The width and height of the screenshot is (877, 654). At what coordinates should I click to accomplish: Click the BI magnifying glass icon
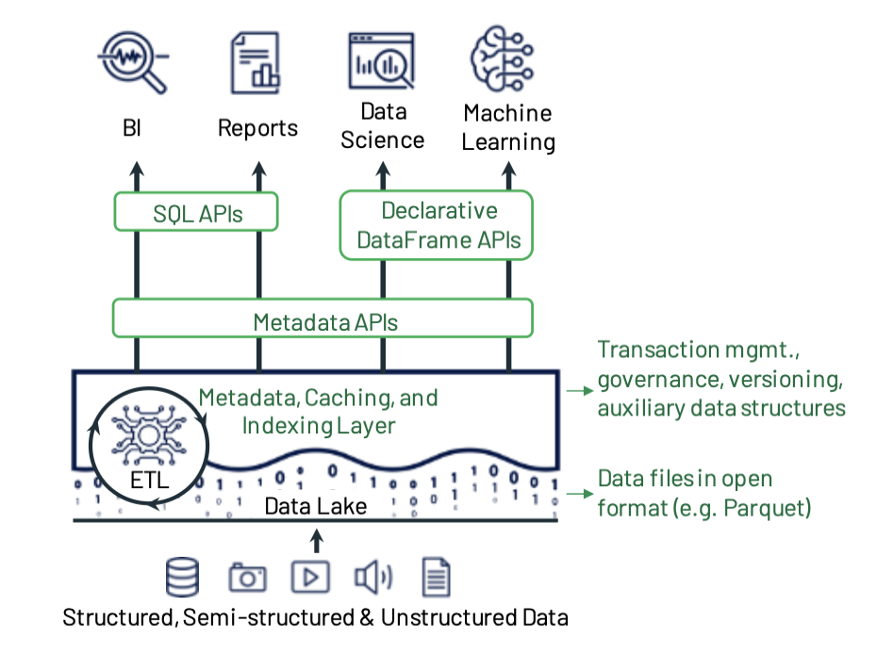coord(133,61)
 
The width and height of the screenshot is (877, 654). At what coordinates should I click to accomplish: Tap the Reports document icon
coord(256,62)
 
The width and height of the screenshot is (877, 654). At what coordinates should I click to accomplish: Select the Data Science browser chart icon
coord(382,61)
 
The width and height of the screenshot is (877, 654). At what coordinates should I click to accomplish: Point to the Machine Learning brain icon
coord(502,58)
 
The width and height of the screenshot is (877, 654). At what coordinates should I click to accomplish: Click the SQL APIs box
coord(196,212)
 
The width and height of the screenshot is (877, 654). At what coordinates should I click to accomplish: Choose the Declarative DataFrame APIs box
coord(437,225)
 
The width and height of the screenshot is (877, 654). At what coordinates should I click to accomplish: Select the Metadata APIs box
coord(323,319)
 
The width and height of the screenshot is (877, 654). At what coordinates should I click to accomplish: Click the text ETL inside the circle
coord(149,481)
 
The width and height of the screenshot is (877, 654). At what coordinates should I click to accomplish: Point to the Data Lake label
coord(316,506)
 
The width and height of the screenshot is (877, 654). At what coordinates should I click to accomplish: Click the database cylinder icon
coord(182,577)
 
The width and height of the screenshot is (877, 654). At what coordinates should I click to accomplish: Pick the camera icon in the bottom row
coord(247,577)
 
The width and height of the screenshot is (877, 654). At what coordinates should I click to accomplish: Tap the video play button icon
coord(310,577)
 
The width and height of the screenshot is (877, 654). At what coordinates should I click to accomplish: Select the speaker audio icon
coord(373,577)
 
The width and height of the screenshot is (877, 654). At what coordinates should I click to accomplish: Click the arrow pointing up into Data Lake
coord(317,541)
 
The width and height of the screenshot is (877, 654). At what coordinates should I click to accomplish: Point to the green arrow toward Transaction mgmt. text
coord(580,390)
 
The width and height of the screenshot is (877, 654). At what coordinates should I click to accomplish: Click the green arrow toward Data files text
coord(580,494)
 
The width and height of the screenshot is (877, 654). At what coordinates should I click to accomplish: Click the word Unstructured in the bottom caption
coord(449,617)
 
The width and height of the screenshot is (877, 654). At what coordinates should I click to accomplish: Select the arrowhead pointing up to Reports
coord(259,169)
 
